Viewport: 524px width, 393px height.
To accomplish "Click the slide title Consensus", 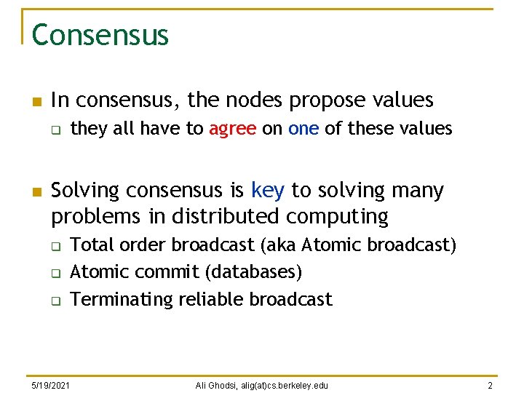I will point(100,35).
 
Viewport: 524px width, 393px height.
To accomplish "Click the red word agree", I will point(232,130).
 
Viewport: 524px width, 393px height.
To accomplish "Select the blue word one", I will point(303,130).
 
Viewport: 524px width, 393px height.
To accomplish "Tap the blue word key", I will point(267,191).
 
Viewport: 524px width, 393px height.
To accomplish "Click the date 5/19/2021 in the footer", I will point(51,384).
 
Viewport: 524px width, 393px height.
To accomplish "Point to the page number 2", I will point(491,384).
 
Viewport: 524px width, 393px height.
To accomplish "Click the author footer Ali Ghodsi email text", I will point(262,384).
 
